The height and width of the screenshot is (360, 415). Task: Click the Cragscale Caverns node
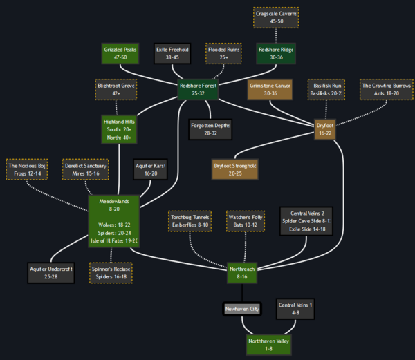[x=276, y=17]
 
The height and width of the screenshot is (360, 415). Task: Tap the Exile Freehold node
[x=172, y=53]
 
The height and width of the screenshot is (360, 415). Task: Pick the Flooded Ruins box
[x=223, y=53]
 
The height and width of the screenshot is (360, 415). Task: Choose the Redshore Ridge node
[x=275, y=53]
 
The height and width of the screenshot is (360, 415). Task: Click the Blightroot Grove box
[x=116, y=90]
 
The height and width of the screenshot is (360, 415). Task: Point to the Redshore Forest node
[x=198, y=89]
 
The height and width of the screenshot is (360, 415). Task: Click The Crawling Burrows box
[x=386, y=89]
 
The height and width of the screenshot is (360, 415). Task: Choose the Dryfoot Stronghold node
[x=234, y=169]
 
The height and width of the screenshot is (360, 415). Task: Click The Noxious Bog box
[x=27, y=169]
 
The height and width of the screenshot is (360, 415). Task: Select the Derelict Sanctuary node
[x=85, y=169]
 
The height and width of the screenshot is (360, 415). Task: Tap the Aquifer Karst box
[x=150, y=169]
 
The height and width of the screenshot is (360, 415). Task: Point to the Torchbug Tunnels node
[x=190, y=220]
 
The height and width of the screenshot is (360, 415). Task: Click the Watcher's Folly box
[x=246, y=220]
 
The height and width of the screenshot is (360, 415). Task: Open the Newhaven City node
[x=241, y=309]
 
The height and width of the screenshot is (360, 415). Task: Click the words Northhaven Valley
[x=268, y=341]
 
